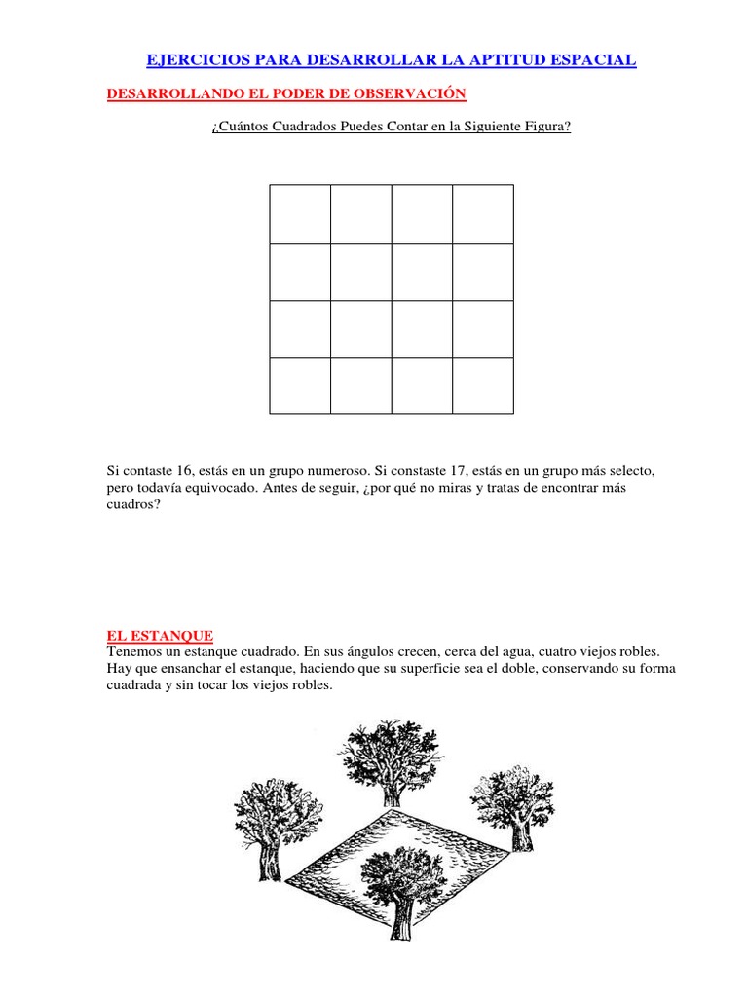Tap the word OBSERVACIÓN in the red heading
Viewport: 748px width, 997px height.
pyautogui.click(x=413, y=93)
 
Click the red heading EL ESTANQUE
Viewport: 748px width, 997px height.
pyautogui.click(x=160, y=635)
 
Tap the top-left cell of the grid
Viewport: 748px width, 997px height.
pyautogui.click(x=300, y=214)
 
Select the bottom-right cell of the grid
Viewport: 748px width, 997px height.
pyautogui.click(x=483, y=386)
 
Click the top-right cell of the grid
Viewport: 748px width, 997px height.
pyautogui.click(x=483, y=214)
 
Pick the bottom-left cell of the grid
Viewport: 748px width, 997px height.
pyautogui.click(x=300, y=386)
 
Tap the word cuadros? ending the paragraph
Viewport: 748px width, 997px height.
pyautogui.click(x=131, y=505)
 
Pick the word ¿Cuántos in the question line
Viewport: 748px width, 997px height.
pyautogui.click(x=239, y=128)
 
